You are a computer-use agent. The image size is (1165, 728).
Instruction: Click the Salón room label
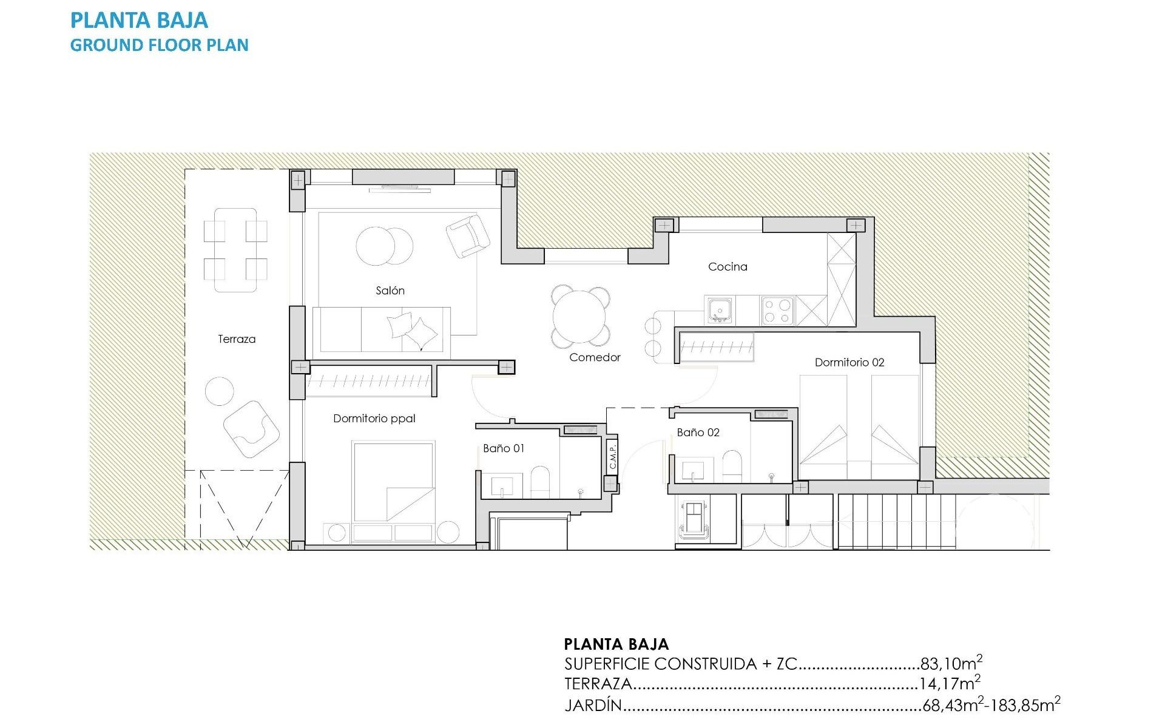(390, 291)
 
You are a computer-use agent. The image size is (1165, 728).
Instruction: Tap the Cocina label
(728, 266)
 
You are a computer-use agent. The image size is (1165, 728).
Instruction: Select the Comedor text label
(595, 357)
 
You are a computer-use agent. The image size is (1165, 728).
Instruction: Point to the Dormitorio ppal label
(374, 418)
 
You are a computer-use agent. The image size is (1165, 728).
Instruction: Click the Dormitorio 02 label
(849, 362)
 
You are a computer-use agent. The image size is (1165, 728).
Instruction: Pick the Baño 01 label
(503, 448)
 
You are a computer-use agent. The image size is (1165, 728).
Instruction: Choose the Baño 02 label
(698, 432)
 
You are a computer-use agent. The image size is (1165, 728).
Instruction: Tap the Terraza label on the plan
(237, 339)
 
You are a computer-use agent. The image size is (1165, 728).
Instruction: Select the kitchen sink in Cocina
(720, 311)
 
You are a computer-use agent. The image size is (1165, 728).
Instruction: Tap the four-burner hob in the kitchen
(777, 311)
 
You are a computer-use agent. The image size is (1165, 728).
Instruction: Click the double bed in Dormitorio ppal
(394, 482)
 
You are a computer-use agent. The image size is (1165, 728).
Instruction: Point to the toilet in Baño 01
(539, 482)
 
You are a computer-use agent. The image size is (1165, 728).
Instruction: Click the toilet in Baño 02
(732, 467)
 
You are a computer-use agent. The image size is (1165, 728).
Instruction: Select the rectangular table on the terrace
(235, 250)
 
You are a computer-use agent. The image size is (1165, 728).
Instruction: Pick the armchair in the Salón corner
(467, 235)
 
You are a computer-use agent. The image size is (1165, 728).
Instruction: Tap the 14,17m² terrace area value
(949, 684)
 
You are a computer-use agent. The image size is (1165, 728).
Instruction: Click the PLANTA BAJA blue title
(139, 21)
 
